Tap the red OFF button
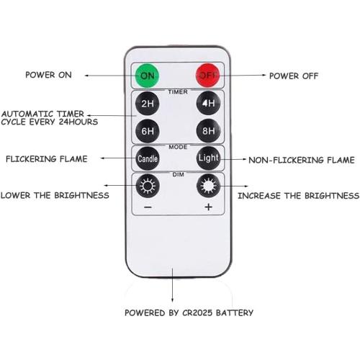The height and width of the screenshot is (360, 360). click(x=207, y=75)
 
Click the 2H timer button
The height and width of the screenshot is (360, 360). click(x=147, y=104)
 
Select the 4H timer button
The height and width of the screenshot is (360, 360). click(x=207, y=104)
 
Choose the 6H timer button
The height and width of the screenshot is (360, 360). click(x=147, y=131)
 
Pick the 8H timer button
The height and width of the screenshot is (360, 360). click(x=207, y=131)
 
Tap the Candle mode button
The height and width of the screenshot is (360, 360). click(x=147, y=158)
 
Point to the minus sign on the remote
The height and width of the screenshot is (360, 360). click(x=147, y=208)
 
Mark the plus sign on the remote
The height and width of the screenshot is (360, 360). click(x=208, y=208)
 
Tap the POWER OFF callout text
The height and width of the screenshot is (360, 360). click(x=294, y=75)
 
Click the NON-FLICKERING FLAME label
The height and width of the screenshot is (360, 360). click(x=302, y=160)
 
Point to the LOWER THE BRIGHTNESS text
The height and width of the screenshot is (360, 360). click(x=55, y=195)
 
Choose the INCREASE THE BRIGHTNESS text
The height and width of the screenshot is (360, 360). click(x=298, y=195)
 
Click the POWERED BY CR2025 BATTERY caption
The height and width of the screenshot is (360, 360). click(x=189, y=313)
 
